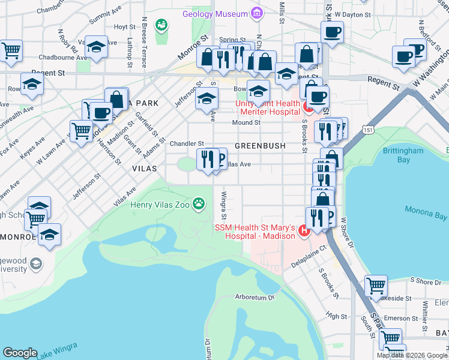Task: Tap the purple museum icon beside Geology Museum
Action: click(x=257, y=13)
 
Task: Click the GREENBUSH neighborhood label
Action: click(x=259, y=146)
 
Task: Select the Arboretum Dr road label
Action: click(x=255, y=296)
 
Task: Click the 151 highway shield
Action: click(x=367, y=129)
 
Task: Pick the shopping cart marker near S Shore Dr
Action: click(x=376, y=286)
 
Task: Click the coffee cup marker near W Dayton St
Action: click(x=331, y=33)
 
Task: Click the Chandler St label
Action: click(x=187, y=143)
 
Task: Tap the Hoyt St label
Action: click(x=124, y=27)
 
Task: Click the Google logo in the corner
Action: click(x=20, y=352)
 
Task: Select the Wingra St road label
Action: click(x=223, y=205)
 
